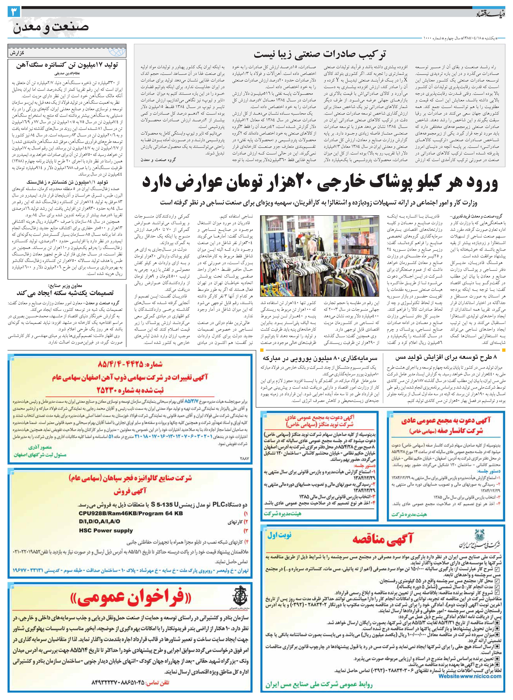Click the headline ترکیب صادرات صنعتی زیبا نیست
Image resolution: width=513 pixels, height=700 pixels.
[320, 54]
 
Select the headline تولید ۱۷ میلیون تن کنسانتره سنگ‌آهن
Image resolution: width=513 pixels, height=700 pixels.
[67, 66]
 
